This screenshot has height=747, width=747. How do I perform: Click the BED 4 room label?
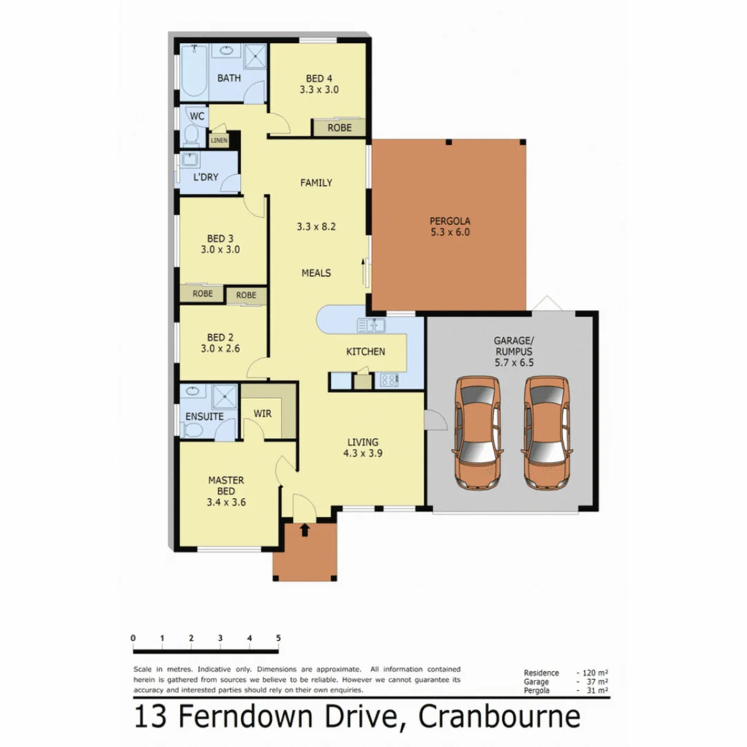[x=319, y=77]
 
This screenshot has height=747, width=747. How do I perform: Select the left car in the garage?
[x=477, y=433]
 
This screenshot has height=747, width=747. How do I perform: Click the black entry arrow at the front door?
[x=304, y=531]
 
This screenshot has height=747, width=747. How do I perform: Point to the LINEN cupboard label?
[x=219, y=140]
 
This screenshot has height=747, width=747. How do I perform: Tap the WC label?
[x=196, y=116]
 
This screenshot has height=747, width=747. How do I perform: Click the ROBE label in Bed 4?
[x=340, y=128]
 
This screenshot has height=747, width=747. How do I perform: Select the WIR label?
[x=262, y=413]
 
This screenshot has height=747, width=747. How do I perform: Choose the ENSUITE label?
[x=204, y=416]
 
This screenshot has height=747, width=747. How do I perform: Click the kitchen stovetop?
[x=387, y=379]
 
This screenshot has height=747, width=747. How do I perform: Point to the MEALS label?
[x=315, y=273]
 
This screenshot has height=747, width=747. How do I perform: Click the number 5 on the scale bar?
[x=278, y=638]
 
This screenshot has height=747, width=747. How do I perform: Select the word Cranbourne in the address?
[x=501, y=717]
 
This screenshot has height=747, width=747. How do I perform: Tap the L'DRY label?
[x=205, y=177]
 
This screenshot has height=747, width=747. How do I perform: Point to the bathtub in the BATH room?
[x=194, y=71]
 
